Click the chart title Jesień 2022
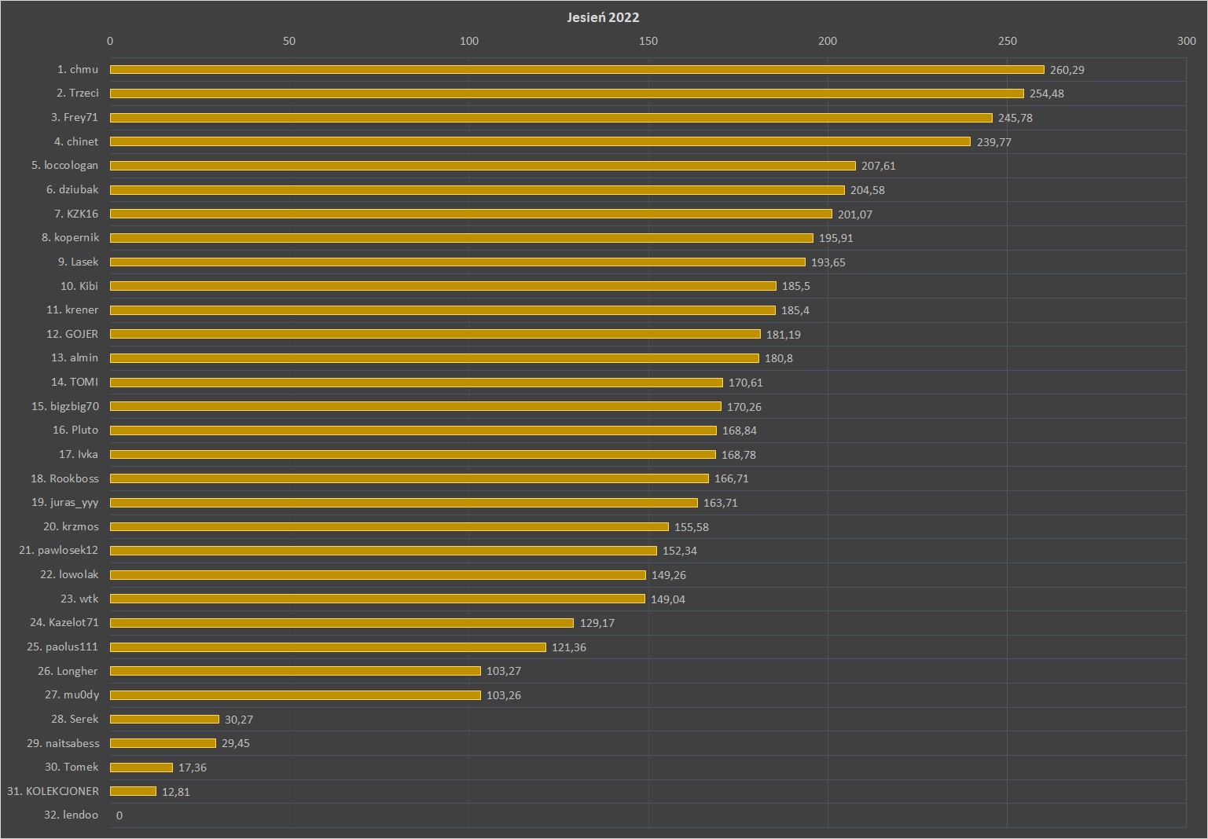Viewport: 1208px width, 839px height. coord(603,17)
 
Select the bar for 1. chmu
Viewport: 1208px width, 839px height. coord(577,70)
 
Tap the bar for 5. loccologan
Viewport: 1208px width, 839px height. coord(483,166)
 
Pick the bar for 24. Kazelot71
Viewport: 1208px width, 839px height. coord(342,623)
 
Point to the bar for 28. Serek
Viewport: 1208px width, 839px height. coord(164,720)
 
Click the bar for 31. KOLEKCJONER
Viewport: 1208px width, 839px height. coord(133,791)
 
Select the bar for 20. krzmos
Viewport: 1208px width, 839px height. coord(389,527)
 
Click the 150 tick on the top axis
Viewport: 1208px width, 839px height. coord(648,41)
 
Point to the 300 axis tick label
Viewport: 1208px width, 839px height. coord(1186,41)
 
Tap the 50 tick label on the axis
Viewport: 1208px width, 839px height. coord(289,41)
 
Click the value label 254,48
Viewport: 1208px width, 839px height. coord(1046,93)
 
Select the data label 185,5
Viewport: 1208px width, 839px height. coord(795,286)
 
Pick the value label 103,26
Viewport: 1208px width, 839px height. coord(503,695)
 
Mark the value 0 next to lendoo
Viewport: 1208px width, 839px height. coord(119,815)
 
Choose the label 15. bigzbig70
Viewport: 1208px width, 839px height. coord(65,406)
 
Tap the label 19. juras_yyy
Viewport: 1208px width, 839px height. coord(65,503)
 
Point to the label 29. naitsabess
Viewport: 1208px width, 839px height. coord(63,743)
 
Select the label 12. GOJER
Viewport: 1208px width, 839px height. coord(72,334)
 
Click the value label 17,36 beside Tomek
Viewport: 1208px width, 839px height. coord(192,768)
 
